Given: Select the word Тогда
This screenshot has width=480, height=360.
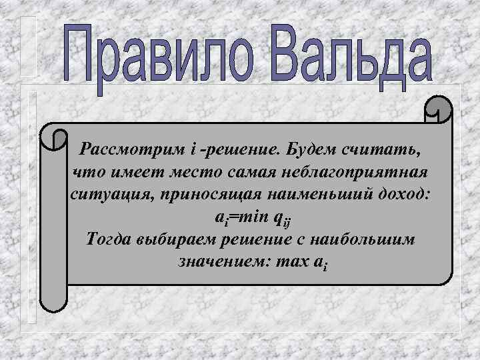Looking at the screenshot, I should [x=109, y=240].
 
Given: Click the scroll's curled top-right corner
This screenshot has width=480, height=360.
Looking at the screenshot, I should [x=437, y=110].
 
